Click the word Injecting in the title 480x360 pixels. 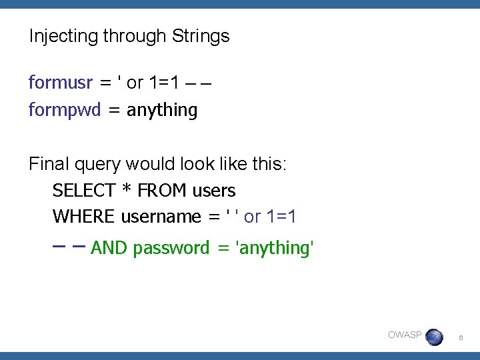63,36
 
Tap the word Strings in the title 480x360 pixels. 201,36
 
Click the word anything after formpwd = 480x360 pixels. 162,110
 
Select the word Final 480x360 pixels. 49,163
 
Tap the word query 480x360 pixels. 101,164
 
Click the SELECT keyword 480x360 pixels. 84,191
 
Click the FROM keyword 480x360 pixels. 163,191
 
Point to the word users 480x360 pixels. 214,191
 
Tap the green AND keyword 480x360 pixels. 109,249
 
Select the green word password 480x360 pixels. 171,249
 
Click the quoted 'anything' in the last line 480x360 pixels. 275,249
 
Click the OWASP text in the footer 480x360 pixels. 405,335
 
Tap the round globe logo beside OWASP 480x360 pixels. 434,337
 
